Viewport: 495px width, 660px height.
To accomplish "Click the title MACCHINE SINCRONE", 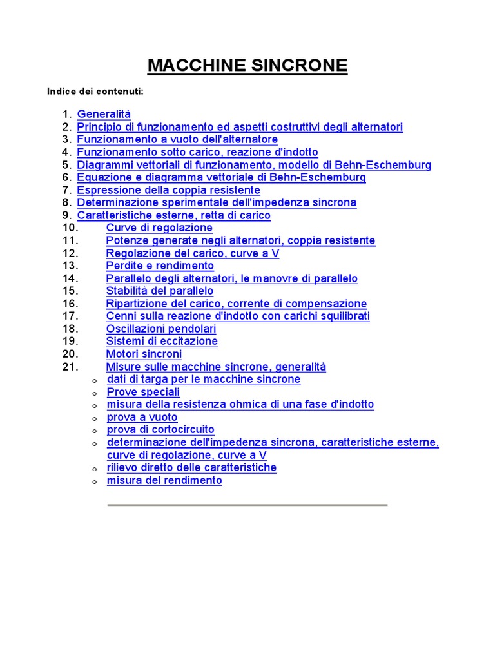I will click(x=247, y=65).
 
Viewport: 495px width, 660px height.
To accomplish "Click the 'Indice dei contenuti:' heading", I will click(x=95, y=92).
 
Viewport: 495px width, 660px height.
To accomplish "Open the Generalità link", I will click(x=104, y=114).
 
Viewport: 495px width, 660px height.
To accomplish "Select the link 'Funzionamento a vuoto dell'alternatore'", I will click(x=177, y=139).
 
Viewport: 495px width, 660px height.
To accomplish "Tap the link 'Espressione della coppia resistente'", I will click(x=168, y=190).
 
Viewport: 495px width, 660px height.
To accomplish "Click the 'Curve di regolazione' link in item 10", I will click(x=159, y=228).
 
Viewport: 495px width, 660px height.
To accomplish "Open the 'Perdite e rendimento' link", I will click(x=160, y=266).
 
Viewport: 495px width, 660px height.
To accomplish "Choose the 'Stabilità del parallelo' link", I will click(x=160, y=291).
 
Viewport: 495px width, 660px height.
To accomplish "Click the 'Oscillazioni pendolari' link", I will click(x=161, y=329).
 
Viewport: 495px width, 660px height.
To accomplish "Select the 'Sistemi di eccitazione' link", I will click(x=162, y=341).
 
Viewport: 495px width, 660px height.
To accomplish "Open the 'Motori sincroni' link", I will click(x=144, y=354).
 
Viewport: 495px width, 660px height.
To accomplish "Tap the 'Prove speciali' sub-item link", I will click(x=143, y=392).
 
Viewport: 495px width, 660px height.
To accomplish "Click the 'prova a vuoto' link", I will click(x=142, y=417).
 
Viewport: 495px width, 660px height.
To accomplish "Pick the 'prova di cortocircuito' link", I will click(x=160, y=429).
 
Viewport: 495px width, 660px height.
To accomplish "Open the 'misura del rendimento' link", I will click(x=164, y=480).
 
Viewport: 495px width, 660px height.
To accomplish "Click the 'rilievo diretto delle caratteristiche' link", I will click(x=191, y=467).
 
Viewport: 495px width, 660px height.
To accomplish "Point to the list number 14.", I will click(x=70, y=278).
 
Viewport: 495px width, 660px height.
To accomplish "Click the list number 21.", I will click(x=70, y=367).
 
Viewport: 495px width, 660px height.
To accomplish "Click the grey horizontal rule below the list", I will click(x=247, y=505).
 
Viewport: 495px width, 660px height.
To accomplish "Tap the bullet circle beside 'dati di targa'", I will click(x=94, y=380).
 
